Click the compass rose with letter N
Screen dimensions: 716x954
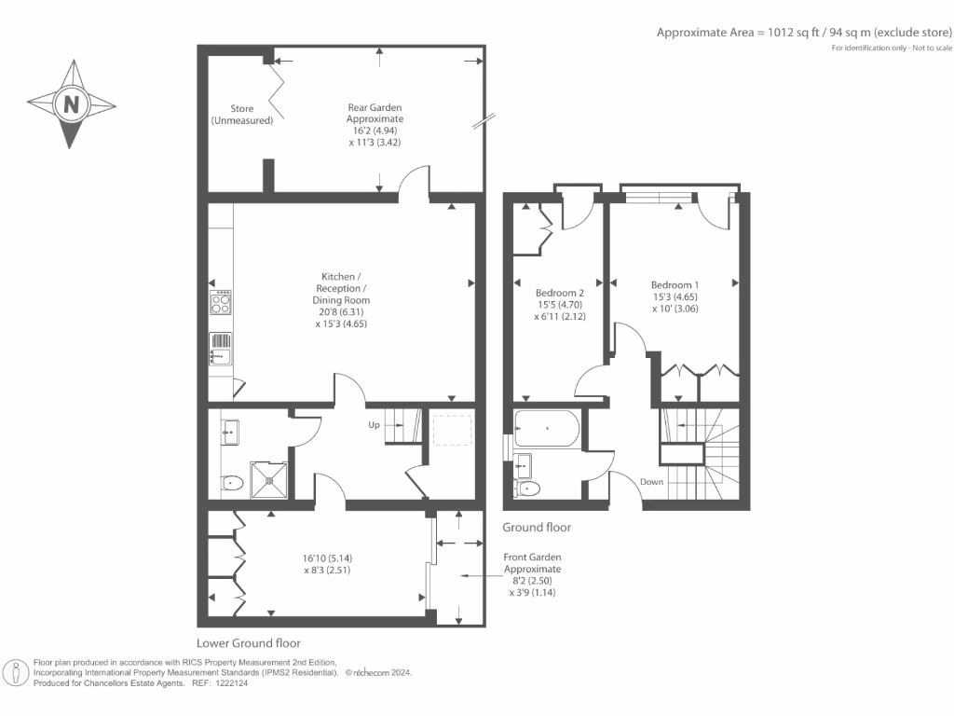(71, 103)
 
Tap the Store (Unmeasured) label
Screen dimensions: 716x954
(241, 115)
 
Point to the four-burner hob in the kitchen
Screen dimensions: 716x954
(222, 302)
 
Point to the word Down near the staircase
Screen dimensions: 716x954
(652, 482)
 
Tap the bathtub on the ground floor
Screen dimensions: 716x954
(546, 430)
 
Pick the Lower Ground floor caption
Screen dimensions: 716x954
(248, 643)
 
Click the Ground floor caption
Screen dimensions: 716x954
(537, 528)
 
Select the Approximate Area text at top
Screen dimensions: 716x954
(805, 32)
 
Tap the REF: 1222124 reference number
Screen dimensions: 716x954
(219, 682)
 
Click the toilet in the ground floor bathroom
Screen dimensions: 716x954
(527, 488)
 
